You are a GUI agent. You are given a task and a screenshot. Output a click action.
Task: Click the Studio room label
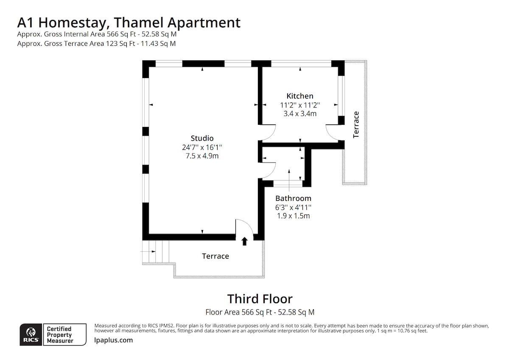point(202,138)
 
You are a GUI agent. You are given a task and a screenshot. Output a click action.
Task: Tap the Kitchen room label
point(299,96)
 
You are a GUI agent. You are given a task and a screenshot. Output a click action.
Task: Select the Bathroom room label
point(293,198)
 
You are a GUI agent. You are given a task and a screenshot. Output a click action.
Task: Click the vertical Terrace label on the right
point(356,124)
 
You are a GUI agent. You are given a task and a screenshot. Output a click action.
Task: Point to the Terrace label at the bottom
point(215,256)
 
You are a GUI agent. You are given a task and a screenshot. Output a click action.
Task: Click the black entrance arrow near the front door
point(244,241)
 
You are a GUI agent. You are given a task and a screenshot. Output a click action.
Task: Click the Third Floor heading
point(260,299)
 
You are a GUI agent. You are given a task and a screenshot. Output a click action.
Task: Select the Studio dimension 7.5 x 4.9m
point(202,156)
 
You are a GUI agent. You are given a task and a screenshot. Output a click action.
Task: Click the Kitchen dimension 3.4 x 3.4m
point(299,113)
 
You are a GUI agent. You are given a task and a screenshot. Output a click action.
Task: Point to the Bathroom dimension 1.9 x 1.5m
point(293,216)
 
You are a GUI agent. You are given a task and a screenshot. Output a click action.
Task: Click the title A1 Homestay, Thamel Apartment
point(129,22)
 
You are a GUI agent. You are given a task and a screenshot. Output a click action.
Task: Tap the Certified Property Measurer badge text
point(59,335)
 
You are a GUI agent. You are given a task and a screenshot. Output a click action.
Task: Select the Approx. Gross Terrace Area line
point(96,43)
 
